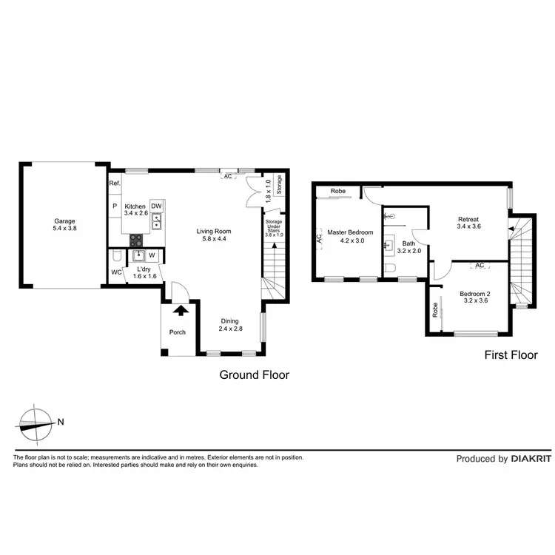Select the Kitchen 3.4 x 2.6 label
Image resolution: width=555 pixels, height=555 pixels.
(x=136, y=209)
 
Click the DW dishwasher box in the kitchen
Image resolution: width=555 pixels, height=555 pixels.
(x=157, y=206)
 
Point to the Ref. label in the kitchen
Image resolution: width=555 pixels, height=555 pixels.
(x=115, y=184)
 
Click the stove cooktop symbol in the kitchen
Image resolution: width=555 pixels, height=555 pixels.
(x=137, y=240)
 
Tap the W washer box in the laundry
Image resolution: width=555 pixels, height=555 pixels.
(x=151, y=256)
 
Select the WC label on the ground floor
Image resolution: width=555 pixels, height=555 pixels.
(x=116, y=272)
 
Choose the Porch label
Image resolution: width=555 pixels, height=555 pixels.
(x=178, y=332)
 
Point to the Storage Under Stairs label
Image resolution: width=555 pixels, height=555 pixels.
(x=274, y=226)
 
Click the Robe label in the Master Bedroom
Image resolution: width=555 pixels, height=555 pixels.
(x=338, y=191)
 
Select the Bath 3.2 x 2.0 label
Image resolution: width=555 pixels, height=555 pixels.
(x=408, y=246)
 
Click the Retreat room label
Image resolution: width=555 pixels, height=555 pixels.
(x=468, y=223)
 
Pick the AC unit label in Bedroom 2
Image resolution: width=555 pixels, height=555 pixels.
(x=480, y=266)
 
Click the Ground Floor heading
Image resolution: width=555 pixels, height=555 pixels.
(x=254, y=375)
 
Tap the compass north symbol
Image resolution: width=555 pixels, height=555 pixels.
(x=36, y=423)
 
